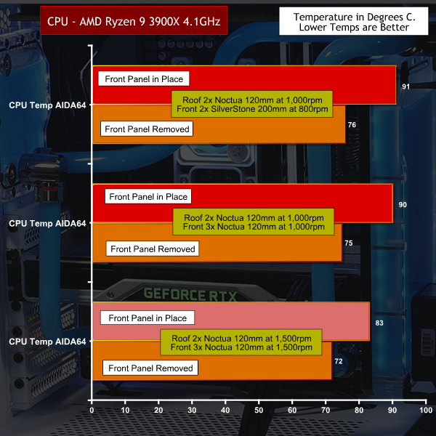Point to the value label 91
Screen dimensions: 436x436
(x=404, y=86)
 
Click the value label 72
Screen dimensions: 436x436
(x=339, y=360)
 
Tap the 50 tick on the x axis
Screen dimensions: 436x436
(x=259, y=411)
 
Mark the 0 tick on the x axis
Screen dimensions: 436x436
(x=92, y=411)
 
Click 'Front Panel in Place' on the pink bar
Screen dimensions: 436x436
(x=148, y=318)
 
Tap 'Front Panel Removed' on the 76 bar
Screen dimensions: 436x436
(x=147, y=129)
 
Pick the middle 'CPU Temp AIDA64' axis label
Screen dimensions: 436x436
(x=47, y=222)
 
